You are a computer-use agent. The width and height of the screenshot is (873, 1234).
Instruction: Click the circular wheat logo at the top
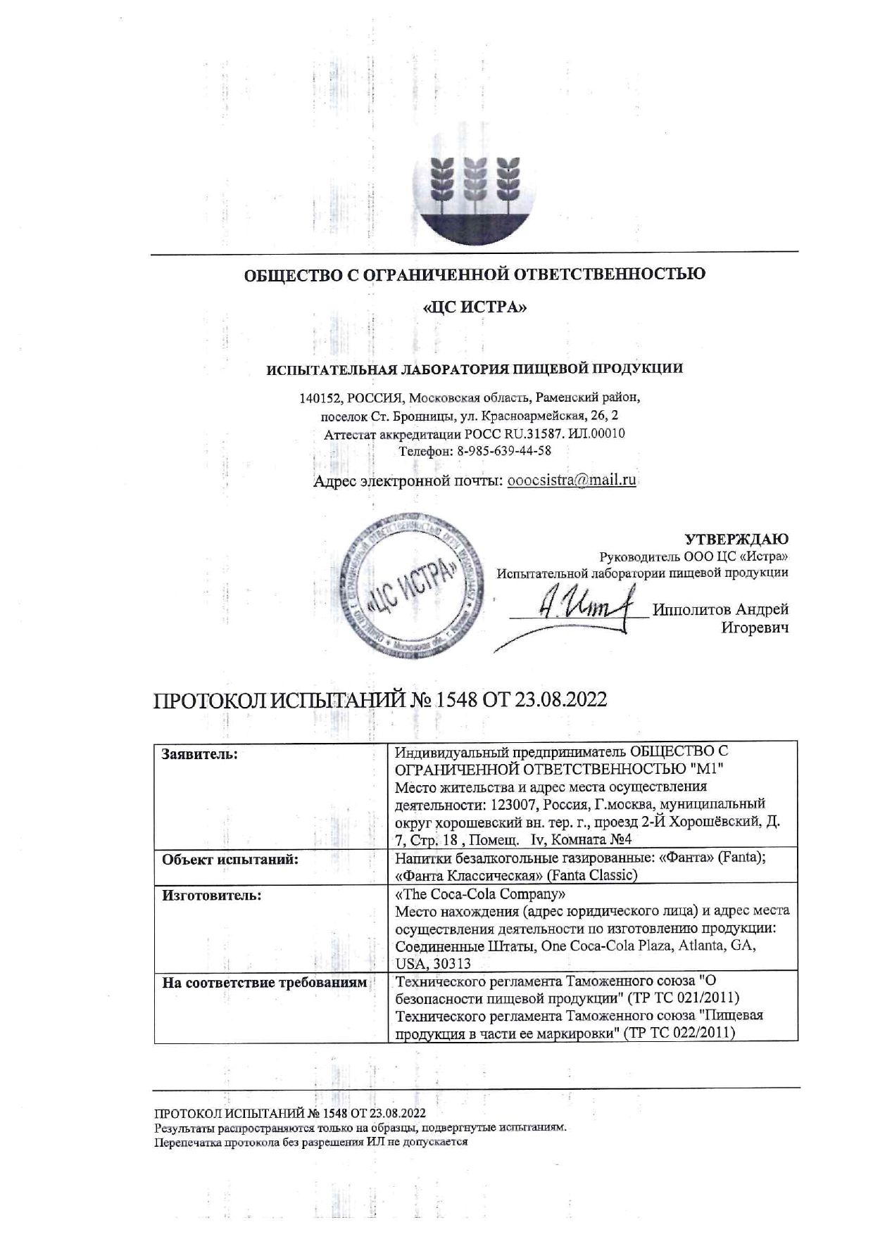[474, 188]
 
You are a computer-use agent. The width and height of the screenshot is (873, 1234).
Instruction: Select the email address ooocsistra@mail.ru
[572, 481]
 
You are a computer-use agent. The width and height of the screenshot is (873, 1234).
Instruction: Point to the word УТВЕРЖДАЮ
[736, 539]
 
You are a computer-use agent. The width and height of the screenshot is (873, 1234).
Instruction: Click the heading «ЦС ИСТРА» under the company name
[474, 307]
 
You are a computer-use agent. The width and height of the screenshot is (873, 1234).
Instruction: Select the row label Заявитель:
[200, 754]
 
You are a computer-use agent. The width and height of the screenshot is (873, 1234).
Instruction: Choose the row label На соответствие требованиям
[265, 983]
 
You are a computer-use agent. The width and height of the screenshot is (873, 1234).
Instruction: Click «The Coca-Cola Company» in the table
[481, 895]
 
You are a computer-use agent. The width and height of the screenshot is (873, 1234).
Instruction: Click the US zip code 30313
[451, 963]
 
